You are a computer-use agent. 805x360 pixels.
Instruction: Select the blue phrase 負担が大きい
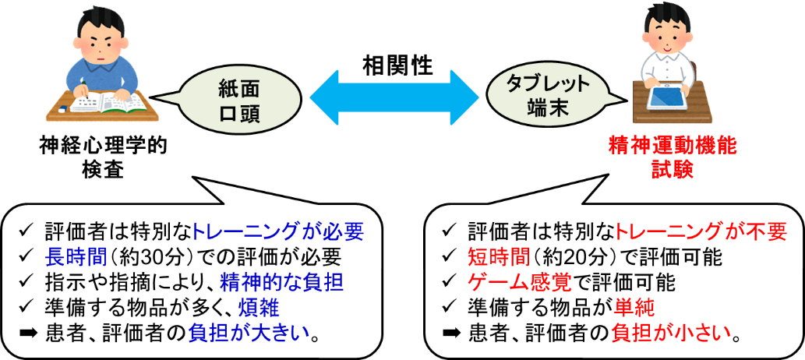(249, 334)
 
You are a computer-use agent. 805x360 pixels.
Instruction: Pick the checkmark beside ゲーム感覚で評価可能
(449, 281)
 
